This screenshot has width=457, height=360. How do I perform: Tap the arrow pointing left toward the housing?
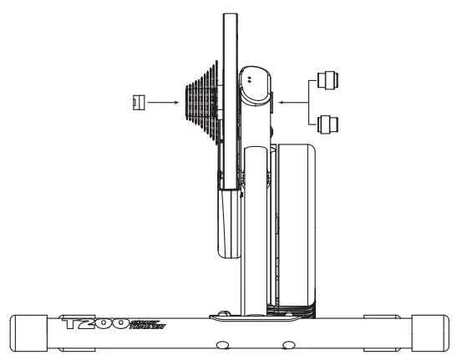[292, 102]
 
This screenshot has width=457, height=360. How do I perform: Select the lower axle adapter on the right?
[326, 124]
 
